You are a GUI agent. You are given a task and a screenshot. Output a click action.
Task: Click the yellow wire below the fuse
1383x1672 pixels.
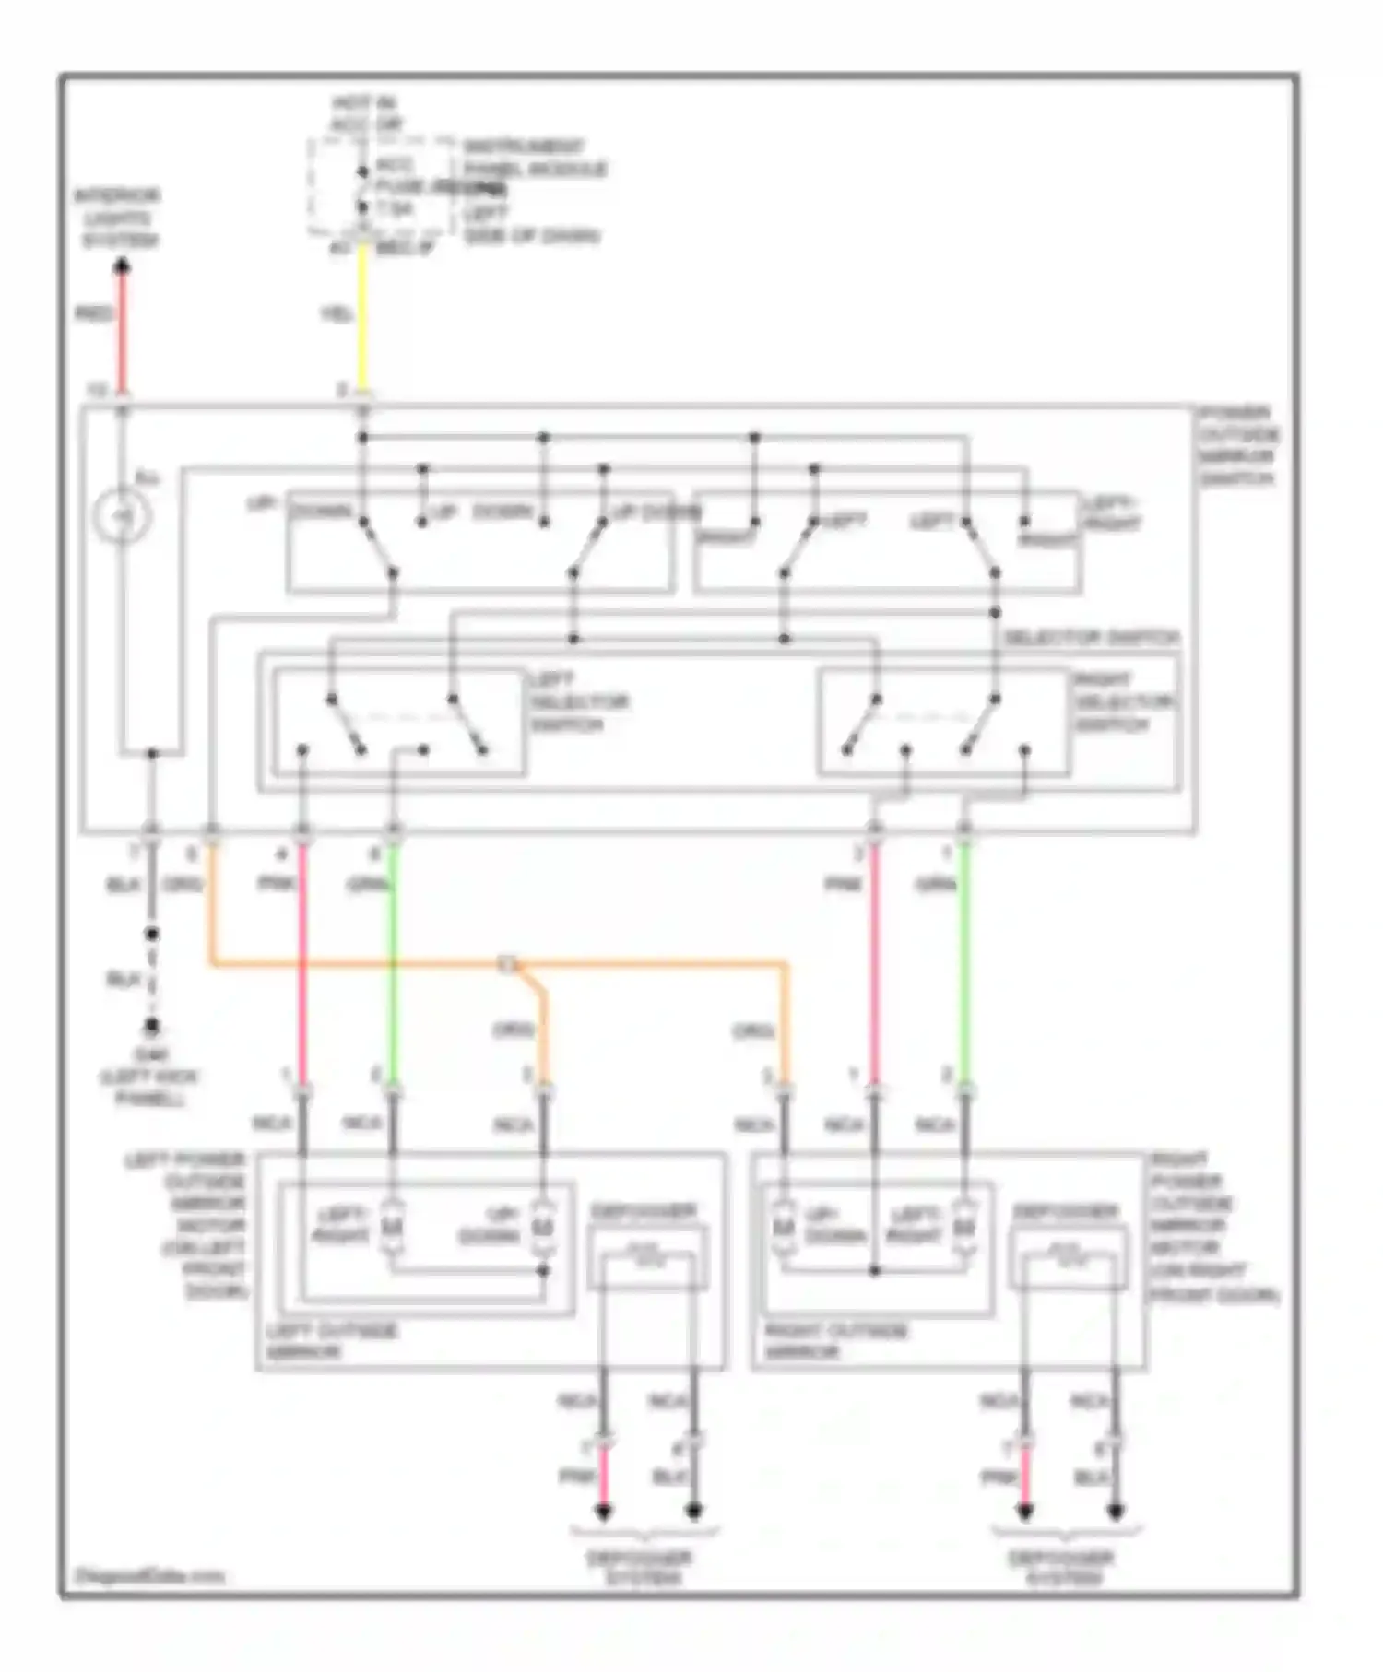pos(362,318)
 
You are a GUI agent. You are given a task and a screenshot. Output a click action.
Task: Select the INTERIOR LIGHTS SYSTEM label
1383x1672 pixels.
pos(117,218)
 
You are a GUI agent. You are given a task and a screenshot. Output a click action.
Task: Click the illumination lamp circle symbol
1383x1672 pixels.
pos(123,515)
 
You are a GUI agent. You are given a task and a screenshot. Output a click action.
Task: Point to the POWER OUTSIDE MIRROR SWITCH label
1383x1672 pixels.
pos(1238,446)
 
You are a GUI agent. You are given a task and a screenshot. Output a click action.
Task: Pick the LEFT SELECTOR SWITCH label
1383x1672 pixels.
pos(578,702)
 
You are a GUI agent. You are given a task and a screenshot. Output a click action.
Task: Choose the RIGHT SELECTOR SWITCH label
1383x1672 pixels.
pos(1124,702)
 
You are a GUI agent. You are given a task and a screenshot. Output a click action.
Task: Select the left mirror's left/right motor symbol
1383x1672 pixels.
pos(392,1228)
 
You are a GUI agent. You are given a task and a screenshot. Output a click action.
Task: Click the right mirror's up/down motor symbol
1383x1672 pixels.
pos(784,1228)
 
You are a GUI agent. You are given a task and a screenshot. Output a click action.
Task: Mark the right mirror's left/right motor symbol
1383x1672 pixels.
pos(963,1228)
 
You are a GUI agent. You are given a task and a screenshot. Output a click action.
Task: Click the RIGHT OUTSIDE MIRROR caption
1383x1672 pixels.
pos(835,1341)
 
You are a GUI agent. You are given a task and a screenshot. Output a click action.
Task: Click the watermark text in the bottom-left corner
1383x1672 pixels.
pos(149,1576)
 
